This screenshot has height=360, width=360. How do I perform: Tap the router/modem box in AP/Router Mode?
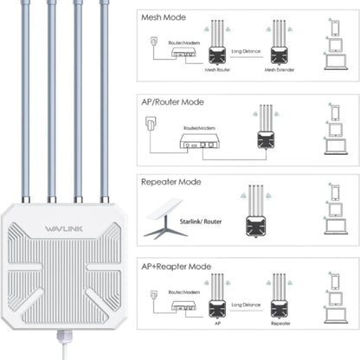coord(197,144)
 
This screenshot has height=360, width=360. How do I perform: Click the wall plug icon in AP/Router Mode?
coord(151,123)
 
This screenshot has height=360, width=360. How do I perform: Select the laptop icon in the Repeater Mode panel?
coord(334,228)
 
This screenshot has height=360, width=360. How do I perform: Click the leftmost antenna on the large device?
coord(25,95)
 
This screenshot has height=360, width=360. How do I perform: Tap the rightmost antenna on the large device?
coord(105,95)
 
